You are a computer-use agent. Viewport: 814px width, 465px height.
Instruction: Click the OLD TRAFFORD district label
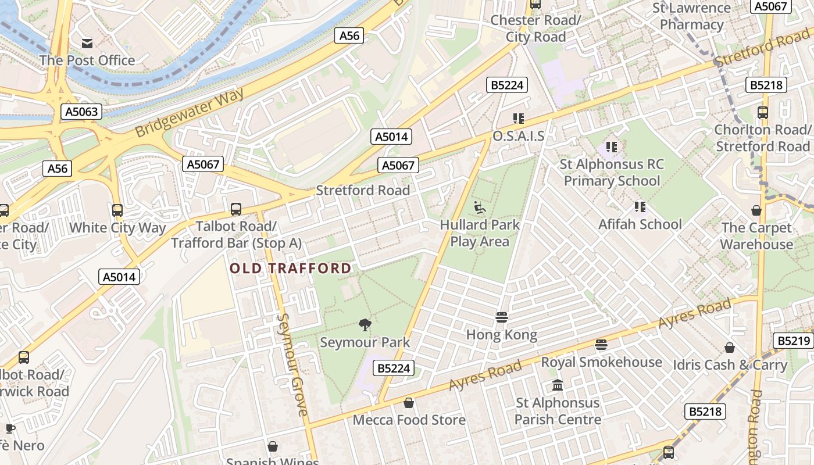[291, 268]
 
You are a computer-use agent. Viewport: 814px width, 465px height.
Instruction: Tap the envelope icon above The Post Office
[87, 43]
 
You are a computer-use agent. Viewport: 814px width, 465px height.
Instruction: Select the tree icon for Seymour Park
[365, 325]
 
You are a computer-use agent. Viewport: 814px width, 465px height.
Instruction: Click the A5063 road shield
[82, 112]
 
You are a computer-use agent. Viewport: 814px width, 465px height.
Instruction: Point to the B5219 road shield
[793, 341]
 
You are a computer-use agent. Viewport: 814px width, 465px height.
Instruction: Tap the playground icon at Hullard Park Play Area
[480, 208]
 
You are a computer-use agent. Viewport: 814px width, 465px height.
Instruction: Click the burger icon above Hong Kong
[502, 317]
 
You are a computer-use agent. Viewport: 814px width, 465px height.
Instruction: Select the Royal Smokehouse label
[601, 362]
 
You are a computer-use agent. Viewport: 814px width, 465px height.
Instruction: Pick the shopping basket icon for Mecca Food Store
[409, 403]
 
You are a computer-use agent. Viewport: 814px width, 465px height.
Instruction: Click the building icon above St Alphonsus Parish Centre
[558, 385]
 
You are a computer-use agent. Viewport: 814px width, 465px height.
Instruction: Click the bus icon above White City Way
[117, 210]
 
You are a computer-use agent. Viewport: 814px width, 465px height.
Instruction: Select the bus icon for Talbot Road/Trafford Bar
[236, 209]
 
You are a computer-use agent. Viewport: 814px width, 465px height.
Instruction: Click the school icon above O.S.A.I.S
[519, 119]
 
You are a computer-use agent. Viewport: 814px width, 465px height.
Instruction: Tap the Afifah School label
[640, 224]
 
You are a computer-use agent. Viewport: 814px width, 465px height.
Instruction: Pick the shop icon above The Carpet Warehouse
[756, 210]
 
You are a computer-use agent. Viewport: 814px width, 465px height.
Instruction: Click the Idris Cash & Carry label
[730, 365]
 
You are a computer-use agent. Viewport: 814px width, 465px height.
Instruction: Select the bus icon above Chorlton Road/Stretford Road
[763, 113]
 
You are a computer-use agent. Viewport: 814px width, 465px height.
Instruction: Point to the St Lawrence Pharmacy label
[691, 16]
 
